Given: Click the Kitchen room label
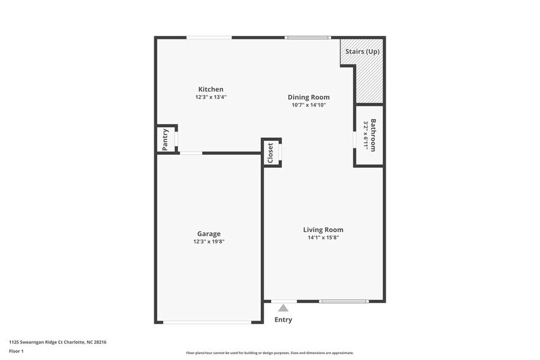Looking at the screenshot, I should [210, 89].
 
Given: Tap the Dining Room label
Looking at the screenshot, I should [309, 97].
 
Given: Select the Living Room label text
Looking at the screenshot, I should [323, 230].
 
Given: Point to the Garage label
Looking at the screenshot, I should [209, 234].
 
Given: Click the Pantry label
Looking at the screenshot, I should [165, 139].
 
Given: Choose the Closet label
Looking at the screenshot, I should [270, 153].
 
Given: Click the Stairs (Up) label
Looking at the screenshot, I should [362, 51].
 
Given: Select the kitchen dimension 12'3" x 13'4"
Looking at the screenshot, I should [210, 97].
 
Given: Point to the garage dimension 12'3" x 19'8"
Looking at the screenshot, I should [209, 242].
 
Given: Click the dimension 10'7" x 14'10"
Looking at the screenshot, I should [309, 105].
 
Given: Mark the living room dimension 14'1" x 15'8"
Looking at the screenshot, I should [323, 238].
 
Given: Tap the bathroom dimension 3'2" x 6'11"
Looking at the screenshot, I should [366, 135].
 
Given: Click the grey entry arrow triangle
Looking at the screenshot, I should [283, 308].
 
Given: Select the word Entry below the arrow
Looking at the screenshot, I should [283, 320].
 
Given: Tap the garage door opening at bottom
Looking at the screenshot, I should [208, 322].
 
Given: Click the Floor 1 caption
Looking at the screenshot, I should [17, 351].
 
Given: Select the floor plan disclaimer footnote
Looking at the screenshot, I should [269, 353].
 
